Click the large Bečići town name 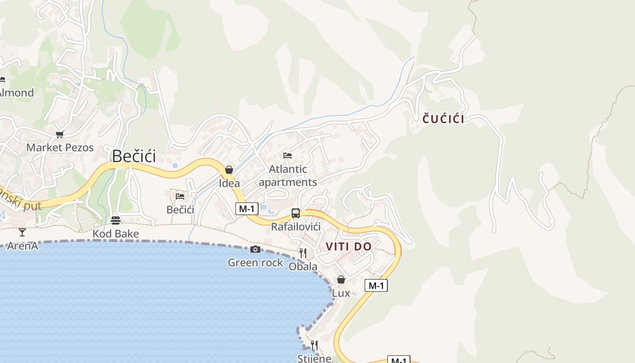[x=134, y=156]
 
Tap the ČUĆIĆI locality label [x=443, y=119]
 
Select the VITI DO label [x=349, y=247]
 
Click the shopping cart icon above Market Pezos [x=59, y=134]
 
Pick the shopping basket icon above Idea [x=229, y=170]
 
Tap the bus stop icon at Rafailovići [x=295, y=213]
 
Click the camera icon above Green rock [x=255, y=250]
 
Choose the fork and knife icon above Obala [x=303, y=253]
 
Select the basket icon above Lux [x=341, y=280]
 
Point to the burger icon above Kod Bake [x=116, y=221]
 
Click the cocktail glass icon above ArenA [x=22, y=232]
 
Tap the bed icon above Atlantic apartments [x=288, y=155]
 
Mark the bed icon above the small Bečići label [x=180, y=196]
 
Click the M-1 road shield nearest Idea [x=247, y=209]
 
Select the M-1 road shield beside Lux [x=376, y=285]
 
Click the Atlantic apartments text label [x=288, y=176]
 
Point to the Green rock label [x=255, y=263]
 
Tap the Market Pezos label [x=60, y=147]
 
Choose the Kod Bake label [x=116, y=234]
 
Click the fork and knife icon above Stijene [x=314, y=345]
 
